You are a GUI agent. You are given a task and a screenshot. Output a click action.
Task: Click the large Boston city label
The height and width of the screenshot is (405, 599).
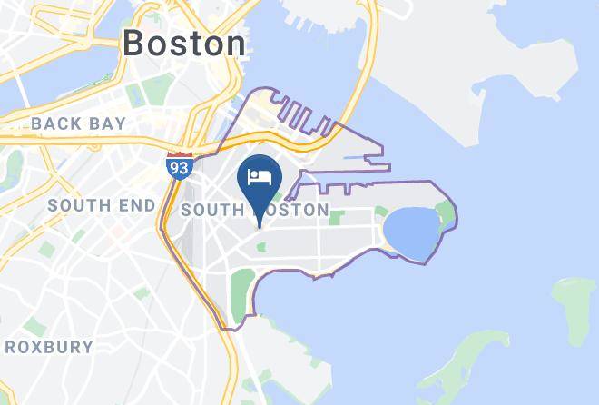click(184, 43)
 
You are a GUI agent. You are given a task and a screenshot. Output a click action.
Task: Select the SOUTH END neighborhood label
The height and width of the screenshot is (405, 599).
click(102, 205)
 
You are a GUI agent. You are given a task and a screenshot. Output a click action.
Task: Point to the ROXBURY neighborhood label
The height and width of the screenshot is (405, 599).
click(49, 347)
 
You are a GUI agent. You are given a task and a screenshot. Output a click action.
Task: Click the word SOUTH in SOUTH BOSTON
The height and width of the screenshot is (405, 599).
click(211, 210)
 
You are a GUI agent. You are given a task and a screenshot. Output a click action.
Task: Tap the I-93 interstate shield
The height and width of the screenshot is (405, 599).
click(179, 166)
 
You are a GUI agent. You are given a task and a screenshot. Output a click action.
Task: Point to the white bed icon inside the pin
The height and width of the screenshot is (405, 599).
click(260, 174)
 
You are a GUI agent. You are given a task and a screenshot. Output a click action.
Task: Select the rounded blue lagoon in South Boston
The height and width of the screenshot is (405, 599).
click(411, 232)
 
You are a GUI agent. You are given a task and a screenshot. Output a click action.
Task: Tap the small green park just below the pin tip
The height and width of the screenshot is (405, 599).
click(261, 246)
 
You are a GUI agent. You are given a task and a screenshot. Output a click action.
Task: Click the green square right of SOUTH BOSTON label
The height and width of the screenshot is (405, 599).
click(339, 218)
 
